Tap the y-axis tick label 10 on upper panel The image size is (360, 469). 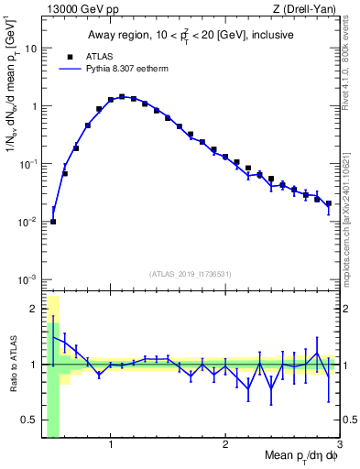coord(29,49)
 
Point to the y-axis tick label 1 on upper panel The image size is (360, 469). coord(33,106)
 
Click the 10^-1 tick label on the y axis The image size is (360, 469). coord(28,163)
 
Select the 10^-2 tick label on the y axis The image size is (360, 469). coord(28,221)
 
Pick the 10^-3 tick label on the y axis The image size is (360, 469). coord(28,278)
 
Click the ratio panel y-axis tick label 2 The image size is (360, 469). coord(33,308)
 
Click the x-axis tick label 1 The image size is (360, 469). coord(111,446)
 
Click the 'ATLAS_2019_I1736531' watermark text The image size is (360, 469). coord(190,273)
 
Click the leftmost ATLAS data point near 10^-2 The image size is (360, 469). coord(53,221)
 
